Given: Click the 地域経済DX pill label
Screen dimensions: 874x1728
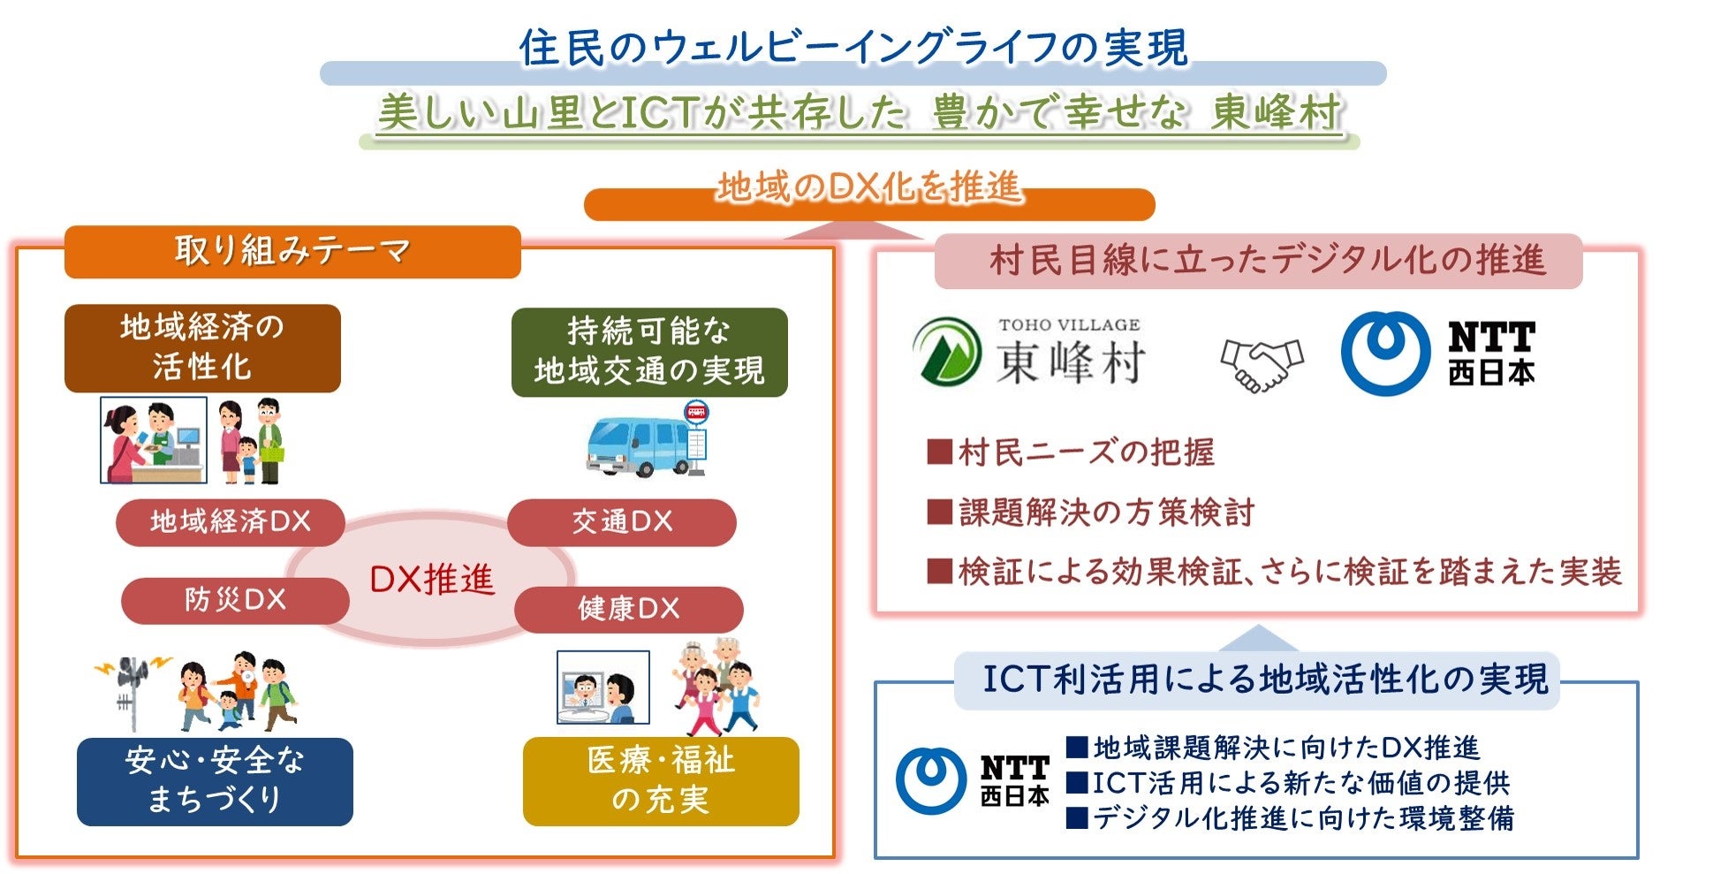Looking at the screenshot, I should (230, 521).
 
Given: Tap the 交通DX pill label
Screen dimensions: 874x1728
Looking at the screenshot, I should (622, 521).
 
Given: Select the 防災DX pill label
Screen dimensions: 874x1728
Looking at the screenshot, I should (235, 600).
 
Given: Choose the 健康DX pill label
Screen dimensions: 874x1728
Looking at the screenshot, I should (628, 608).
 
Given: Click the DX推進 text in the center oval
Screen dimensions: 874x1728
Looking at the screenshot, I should (431, 579).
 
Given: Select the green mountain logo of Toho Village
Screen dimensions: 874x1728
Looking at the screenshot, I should (947, 353).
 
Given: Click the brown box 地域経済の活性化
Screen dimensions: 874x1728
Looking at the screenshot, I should (202, 347).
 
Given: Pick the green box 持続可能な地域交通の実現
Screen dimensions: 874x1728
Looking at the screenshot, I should (649, 352).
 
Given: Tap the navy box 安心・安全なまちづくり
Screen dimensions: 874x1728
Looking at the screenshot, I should (215, 780).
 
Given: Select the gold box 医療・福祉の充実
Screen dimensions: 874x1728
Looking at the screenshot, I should (661, 780).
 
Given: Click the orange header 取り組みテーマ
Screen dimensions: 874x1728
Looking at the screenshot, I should (292, 251).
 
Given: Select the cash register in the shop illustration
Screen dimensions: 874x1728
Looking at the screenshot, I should (186, 445).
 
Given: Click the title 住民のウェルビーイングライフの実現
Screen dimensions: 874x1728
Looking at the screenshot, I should (853, 48).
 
